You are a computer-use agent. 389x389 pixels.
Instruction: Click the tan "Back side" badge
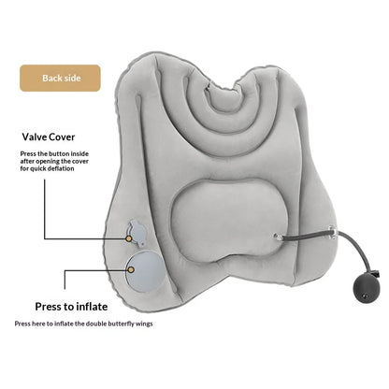(x=60, y=78)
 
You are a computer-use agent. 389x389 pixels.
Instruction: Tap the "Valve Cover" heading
(x=49, y=137)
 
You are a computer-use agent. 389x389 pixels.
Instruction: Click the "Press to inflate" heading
(x=71, y=307)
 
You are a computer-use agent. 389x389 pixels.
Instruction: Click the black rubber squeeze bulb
(x=365, y=289)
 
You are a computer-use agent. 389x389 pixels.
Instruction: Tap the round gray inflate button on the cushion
(x=144, y=272)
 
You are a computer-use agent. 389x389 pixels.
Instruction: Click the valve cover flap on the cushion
(x=137, y=232)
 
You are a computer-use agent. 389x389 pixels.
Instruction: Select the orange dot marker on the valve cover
(x=128, y=238)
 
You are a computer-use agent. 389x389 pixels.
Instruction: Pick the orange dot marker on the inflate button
(x=131, y=269)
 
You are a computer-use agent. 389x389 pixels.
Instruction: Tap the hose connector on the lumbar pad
(x=277, y=237)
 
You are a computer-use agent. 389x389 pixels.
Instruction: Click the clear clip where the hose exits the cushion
(x=332, y=233)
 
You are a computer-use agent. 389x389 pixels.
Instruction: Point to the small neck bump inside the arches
(x=223, y=97)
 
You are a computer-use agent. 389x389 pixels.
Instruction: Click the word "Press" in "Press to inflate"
(x=48, y=307)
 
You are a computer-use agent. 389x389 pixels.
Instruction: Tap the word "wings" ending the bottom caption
(x=144, y=324)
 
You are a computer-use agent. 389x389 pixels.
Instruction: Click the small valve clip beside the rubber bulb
(x=379, y=275)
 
